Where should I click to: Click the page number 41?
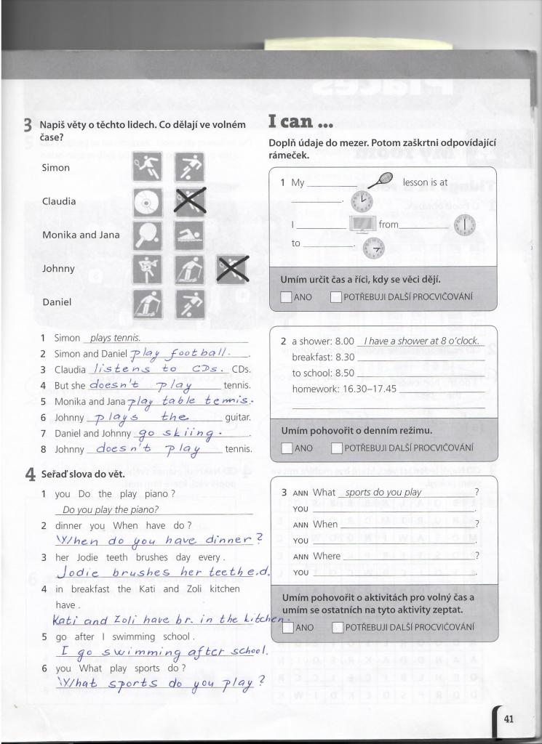point(509,719)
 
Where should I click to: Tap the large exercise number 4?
point(30,474)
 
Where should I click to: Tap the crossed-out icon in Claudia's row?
point(188,201)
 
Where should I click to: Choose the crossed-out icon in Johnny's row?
point(232,270)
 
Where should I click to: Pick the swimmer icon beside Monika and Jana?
point(188,235)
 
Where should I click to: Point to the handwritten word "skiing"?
point(188,433)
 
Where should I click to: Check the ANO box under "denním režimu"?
point(287,448)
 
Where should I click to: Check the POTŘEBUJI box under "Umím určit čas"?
point(335,296)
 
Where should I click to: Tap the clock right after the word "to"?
point(372,247)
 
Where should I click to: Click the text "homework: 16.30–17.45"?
point(344,389)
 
